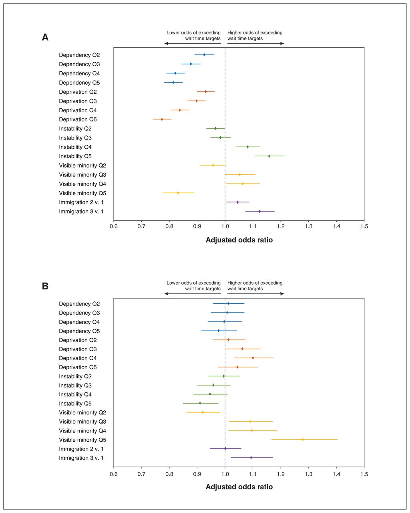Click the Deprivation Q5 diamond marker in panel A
coord(162,119)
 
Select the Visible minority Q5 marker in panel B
coord(303,439)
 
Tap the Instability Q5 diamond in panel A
coord(269,156)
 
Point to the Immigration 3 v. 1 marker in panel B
coord(251,457)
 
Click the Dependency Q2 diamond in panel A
coord(204,55)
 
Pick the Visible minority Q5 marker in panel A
coord(178,193)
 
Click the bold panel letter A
coord(45,37)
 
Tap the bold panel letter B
coord(45,286)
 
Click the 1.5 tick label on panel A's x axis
coord(364,226)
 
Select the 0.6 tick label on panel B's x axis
coord(114,474)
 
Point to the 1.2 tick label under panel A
coord(281,226)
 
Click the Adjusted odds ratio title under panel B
coord(239,487)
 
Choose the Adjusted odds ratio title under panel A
coord(239,240)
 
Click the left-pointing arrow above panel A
coord(193,43)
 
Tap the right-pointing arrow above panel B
coord(255,294)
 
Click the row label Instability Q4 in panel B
coord(75,394)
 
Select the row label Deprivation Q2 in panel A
coord(78,92)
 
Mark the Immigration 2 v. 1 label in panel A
coord(81,202)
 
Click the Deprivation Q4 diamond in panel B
coord(253,358)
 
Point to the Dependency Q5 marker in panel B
coord(219,331)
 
